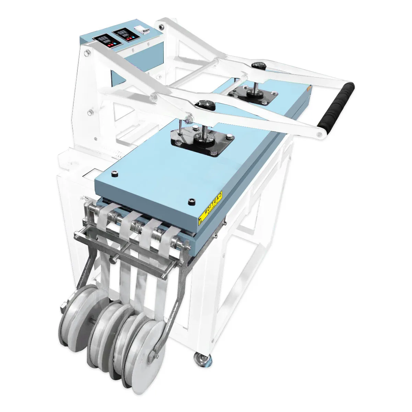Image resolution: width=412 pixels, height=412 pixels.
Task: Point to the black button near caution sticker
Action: (191, 202)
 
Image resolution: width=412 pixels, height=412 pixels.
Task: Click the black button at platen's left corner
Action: (113, 174)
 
